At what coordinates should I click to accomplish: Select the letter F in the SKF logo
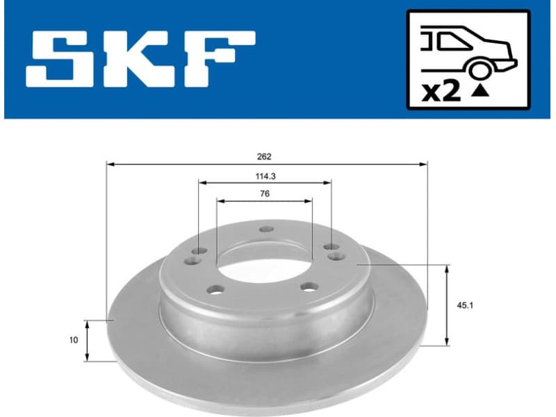[220, 59]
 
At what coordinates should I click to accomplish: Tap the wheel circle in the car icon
[479, 70]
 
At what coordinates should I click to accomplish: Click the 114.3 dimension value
[265, 176]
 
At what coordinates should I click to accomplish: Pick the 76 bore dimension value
[265, 194]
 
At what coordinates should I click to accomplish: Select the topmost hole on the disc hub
[265, 229]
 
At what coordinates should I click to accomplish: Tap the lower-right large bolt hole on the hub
[308, 286]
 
